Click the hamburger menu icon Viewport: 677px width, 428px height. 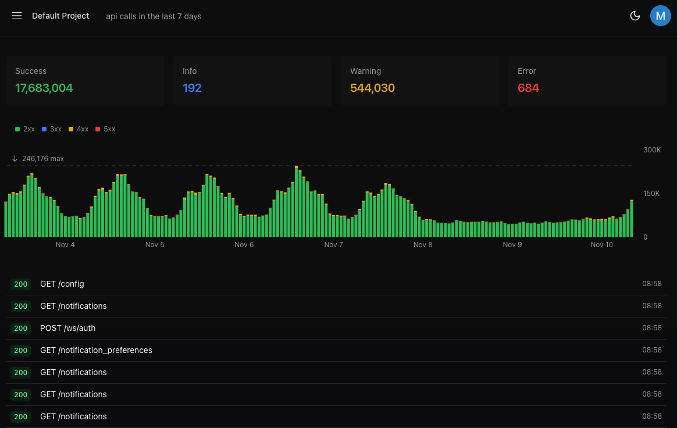(17, 16)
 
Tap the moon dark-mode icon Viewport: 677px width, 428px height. (635, 16)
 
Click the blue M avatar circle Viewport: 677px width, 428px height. (660, 16)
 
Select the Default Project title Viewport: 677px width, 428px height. (60, 16)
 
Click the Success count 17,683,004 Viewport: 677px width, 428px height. (44, 88)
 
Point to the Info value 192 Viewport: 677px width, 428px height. (192, 88)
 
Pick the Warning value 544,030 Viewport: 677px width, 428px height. (372, 88)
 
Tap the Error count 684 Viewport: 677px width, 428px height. (528, 88)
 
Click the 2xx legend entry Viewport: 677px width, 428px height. (25, 129)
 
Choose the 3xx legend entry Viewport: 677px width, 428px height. (52, 129)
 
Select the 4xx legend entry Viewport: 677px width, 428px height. (79, 129)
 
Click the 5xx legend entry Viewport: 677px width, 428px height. (105, 129)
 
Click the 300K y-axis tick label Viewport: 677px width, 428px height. (652, 150)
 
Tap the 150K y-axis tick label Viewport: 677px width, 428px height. (652, 194)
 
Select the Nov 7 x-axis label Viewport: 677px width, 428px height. (333, 245)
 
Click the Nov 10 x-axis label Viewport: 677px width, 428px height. (601, 245)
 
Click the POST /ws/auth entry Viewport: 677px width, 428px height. (67, 328)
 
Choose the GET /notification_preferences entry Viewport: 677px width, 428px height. (96, 350)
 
